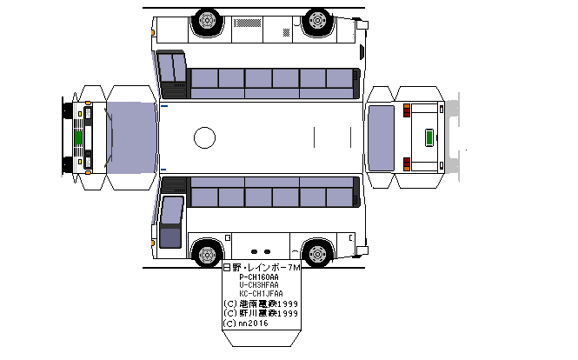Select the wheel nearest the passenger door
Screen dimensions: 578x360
coord(207,254)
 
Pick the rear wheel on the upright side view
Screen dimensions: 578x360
coord(318,254)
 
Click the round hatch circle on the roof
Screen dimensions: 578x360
coord(204,137)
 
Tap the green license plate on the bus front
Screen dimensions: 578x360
coord(77,137)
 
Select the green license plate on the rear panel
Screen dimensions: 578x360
coord(428,137)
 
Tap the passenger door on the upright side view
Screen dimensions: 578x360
coord(171,223)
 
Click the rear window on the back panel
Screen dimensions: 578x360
coord(382,137)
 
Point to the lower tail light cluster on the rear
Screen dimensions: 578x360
coord(406,163)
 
